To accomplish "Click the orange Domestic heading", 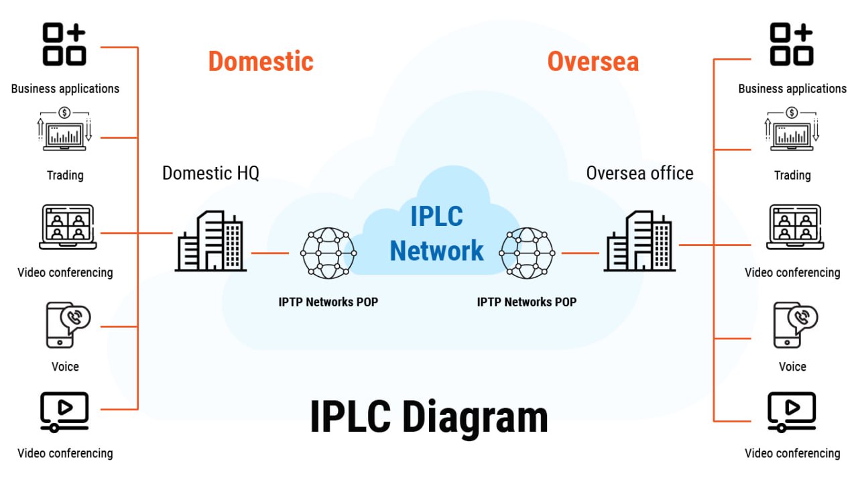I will click(261, 61).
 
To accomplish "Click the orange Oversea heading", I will click(593, 61).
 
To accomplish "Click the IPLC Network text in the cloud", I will click(436, 234).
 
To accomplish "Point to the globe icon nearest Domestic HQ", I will click(328, 253).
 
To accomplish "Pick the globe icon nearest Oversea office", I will click(528, 253).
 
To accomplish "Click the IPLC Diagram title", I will click(429, 417).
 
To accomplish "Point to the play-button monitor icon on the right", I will click(792, 411).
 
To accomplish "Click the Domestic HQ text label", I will click(210, 173).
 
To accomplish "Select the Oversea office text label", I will click(639, 173).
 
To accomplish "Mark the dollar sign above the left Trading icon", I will click(65, 112).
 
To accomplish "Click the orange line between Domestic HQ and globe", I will click(269, 253).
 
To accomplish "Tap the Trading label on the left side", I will click(65, 175).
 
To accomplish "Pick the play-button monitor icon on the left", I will click(64, 411).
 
